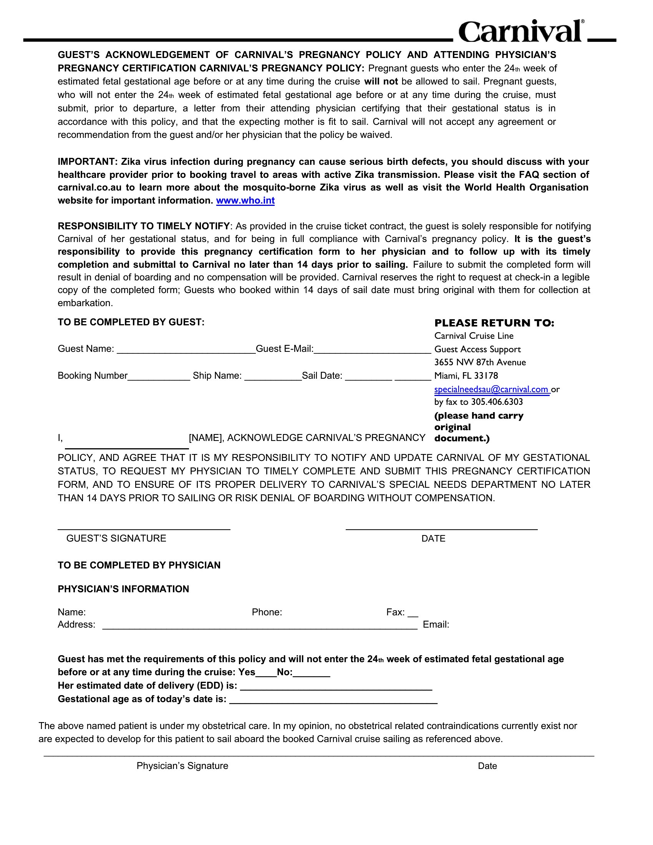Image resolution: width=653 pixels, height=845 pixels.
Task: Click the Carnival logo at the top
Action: tap(521, 31)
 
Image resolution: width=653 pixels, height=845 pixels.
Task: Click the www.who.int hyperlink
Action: tap(245, 200)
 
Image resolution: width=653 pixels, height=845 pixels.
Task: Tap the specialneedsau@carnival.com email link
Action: tap(491, 389)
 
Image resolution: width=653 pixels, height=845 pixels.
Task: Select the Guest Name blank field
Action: tap(186, 350)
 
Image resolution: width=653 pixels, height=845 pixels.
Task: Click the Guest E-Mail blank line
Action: tap(372, 350)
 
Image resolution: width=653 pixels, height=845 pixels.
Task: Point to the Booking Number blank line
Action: tap(159, 377)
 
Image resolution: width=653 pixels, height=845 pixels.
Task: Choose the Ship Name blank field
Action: tap(273, 377)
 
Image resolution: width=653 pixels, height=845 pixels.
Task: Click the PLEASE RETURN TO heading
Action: tap(494, 323)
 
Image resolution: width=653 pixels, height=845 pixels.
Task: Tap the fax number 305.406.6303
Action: tap(497, 402)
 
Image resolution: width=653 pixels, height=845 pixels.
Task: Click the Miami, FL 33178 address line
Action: tap(466, 376)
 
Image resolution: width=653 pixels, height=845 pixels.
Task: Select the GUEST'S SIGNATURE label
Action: tap(116, 538)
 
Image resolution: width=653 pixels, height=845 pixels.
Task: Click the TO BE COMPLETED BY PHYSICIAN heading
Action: tap(139, 565)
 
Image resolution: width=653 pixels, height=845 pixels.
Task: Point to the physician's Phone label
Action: tap(267, 612)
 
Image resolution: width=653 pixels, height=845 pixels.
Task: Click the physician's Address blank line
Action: tap(260, 626)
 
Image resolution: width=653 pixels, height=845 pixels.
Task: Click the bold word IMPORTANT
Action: tap(88, 162)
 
